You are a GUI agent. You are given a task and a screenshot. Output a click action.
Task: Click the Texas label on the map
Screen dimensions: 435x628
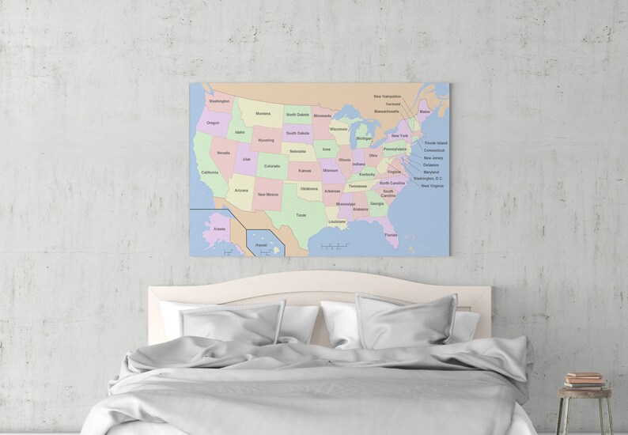coord(301,214)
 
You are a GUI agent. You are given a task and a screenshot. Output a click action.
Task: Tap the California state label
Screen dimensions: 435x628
coord(210,172)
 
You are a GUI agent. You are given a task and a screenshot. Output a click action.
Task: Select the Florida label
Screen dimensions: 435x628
coord(391,234)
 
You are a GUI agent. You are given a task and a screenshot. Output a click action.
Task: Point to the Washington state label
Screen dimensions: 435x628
coord(219,101)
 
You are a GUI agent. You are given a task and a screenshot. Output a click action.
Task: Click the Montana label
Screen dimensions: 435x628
coord(263,113)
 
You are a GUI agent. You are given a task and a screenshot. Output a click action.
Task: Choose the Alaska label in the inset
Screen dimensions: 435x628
coord(219,229)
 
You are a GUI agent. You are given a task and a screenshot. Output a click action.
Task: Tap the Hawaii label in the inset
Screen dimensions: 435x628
coord(261,245)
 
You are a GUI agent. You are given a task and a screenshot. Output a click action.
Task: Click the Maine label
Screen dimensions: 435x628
coord(425,112)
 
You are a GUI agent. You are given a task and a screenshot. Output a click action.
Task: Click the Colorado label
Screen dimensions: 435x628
coord(272,166)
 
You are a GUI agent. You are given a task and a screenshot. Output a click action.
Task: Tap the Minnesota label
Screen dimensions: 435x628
coord(323,115)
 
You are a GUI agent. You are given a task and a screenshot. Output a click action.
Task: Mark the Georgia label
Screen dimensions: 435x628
coord(376,203)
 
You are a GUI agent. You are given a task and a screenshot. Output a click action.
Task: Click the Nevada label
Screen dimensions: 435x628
coord(224,153)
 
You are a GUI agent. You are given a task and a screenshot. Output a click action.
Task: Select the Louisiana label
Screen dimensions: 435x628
coord(337,221)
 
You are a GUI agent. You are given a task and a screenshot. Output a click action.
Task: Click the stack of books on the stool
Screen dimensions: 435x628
coord(584,379)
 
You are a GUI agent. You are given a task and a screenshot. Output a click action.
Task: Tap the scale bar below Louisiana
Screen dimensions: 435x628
coord(335,247)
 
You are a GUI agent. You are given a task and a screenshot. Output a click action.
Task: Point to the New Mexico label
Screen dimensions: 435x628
coord(267,194)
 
